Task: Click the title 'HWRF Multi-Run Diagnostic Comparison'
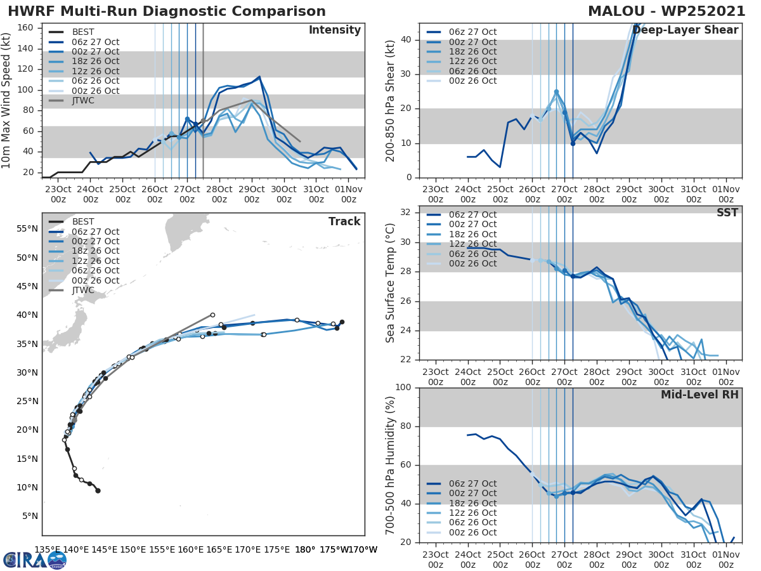[x=167, y=11]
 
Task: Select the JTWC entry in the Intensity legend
[x=83, y=101]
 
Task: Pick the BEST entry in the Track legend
[x=83, y=221]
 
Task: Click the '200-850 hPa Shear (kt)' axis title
[x=391, y=100]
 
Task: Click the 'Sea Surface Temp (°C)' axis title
[x=391, y=282]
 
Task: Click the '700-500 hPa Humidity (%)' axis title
[x=391, y=464]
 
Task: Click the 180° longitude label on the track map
[x=305, y=549]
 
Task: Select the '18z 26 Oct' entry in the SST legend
[x=472, y=234]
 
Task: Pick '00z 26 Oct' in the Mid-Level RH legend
[x=472, y=533]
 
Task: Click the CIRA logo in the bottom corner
[x=34, y=560]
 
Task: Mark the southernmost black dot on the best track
[x=98, y=490]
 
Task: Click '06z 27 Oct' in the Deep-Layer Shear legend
[x=472, y=32]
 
